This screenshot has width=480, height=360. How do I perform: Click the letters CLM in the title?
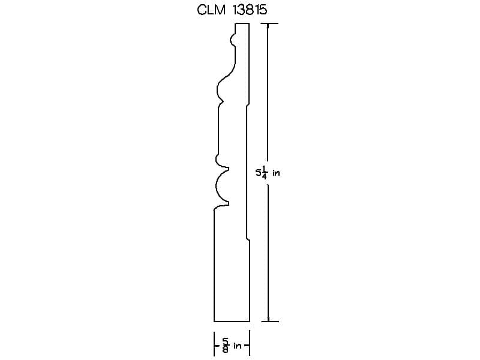pos(211,10)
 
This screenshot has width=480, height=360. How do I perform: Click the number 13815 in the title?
pos(250,10)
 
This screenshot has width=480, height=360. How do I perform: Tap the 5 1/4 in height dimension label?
pos(268,173)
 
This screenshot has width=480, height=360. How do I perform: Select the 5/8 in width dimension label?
pos(232,346)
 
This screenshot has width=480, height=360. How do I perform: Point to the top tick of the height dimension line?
pos(269,23)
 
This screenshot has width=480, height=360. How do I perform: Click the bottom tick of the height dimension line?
pos(269,322)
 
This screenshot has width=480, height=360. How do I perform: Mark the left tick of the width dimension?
pos(214,343)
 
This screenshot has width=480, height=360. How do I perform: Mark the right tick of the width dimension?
pos(250,343)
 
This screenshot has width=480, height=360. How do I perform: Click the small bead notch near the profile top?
pos(233,40)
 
